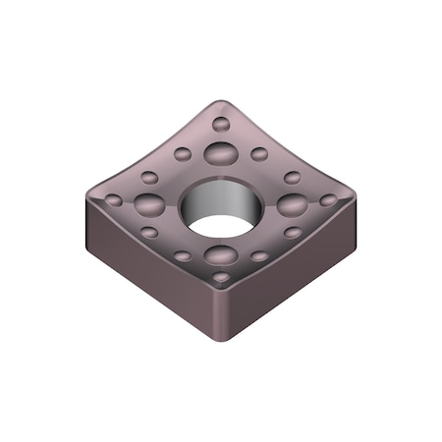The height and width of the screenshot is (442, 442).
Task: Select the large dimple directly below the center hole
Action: point(221,256)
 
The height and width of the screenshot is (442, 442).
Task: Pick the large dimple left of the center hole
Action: point(149,204)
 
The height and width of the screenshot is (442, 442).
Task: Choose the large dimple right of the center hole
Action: point(292,204)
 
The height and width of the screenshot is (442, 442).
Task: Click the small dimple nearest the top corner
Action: point(221,124)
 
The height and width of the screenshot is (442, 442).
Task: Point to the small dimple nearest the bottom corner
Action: point(221,278)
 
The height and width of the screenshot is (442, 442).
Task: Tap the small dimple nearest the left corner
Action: point(114,199)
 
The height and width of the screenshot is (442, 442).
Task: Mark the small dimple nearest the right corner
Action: point(328,199)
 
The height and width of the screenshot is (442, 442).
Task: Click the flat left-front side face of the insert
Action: point(147,275)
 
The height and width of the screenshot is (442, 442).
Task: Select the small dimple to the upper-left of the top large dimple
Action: point(183,154)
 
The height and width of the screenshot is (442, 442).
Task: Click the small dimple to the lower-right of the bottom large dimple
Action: point(259,256)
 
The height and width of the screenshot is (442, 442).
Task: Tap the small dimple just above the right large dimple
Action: point(293,178)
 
